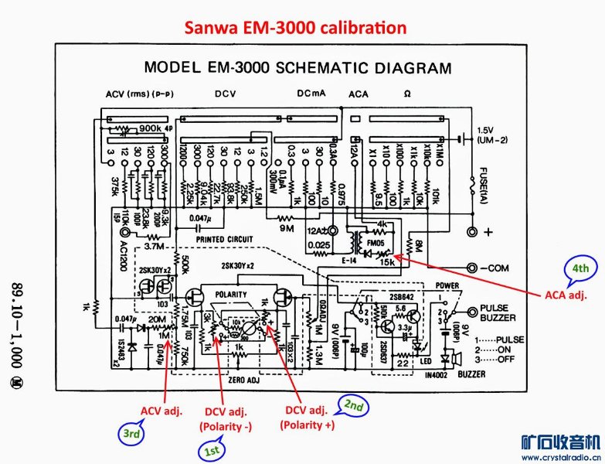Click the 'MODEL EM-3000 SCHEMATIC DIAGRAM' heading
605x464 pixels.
coord(297,67)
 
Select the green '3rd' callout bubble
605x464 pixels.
coord(132,434)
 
